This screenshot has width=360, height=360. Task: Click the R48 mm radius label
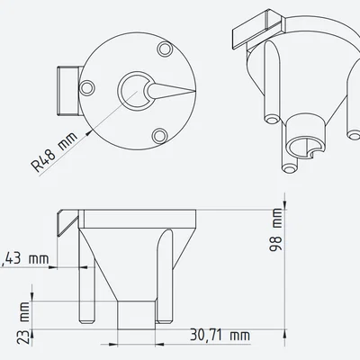pos(54,153)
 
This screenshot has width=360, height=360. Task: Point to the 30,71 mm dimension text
pos(220,335)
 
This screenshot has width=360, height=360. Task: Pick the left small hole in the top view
pos(89,85)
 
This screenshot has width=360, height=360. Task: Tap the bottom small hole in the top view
pos(159,135)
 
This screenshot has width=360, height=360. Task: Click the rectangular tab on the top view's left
pos(67,90)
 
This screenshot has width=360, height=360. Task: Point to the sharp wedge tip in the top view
pos(191,90)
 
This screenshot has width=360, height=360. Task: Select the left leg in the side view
pos(87,279)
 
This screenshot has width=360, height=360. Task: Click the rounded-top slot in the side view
pos(163,274)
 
